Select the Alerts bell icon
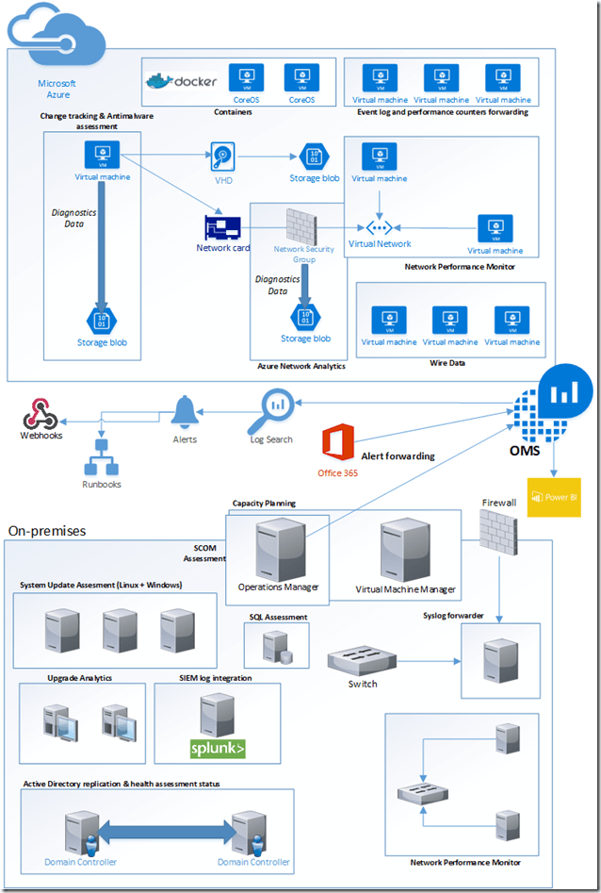coord(185,411)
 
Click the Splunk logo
coord(218,749)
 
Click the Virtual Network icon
coord(379,227)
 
